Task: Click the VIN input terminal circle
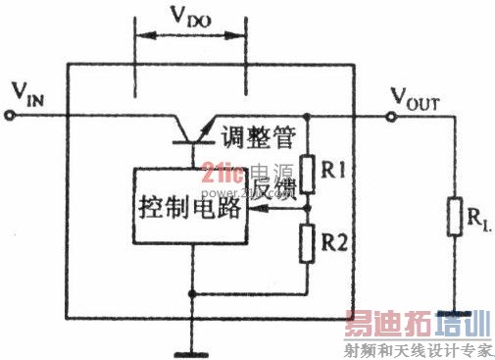point(12,115)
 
